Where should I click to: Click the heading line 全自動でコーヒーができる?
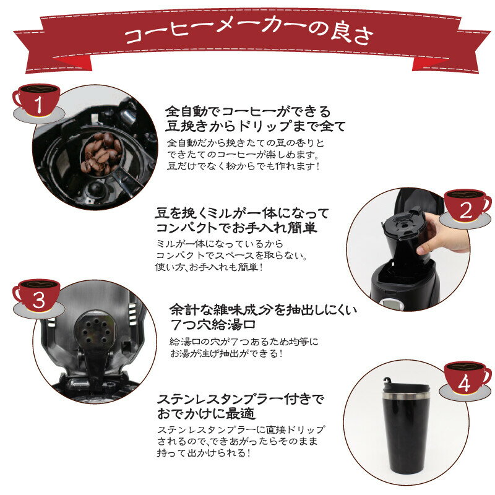(x=248, y=112)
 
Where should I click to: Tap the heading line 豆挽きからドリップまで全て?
(x=256, y=127)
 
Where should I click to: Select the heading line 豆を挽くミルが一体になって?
(x=243, y=213)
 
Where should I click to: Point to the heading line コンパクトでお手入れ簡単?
(x=236, y=228)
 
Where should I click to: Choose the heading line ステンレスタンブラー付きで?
(x=241, y=398)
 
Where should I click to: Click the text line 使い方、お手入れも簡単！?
(x=209, y=267)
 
